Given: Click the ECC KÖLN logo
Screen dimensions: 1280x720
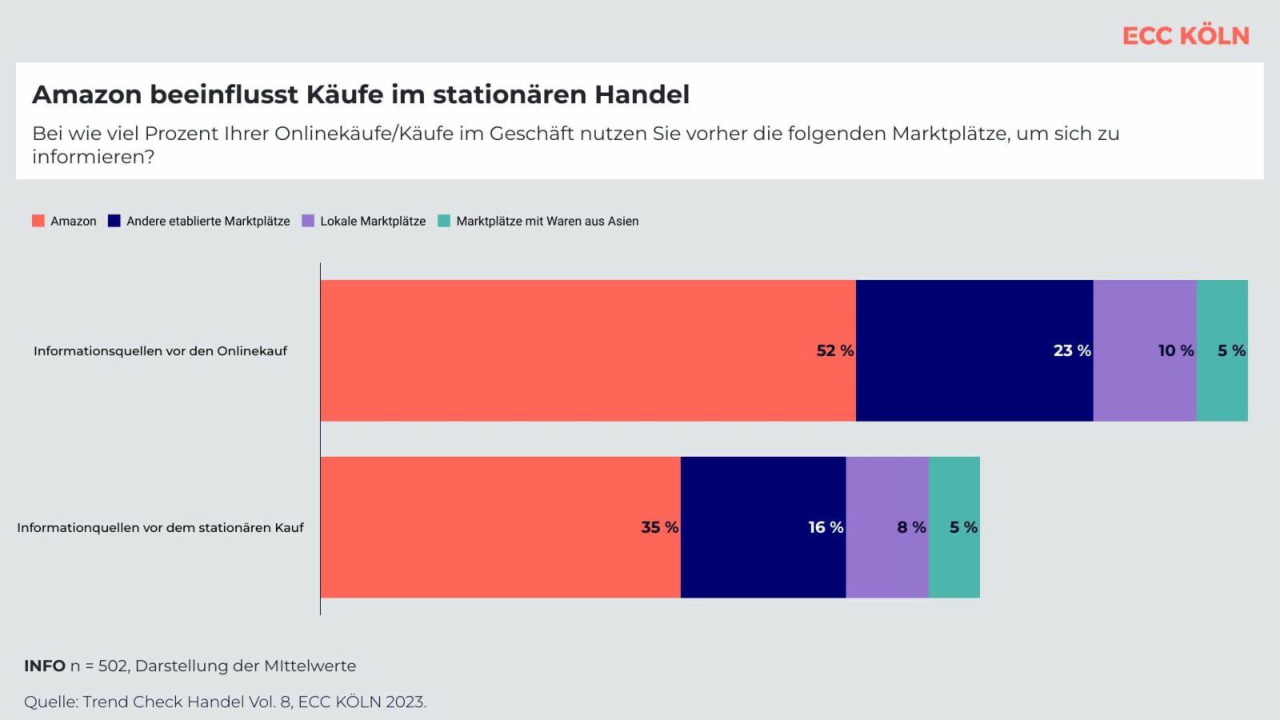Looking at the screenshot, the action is click(1186, 36).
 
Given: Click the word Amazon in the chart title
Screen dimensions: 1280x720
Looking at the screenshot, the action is click(87, 94).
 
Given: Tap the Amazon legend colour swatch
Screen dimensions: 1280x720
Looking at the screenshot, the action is click(38, 221).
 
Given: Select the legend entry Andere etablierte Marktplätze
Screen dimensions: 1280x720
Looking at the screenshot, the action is click(199, 221).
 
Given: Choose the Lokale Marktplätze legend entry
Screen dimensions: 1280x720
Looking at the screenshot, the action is click(363, 221).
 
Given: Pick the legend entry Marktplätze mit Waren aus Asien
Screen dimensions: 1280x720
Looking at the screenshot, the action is click(538, 221).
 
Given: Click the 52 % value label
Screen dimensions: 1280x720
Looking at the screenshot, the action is click(835, 350).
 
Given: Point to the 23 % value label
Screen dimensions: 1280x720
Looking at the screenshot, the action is click(1072, 350).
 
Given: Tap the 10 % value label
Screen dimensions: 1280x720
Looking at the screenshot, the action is click(1176, 350).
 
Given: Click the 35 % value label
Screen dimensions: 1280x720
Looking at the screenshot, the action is click(659, 527).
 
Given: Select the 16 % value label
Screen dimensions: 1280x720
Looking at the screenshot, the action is click(826, 527).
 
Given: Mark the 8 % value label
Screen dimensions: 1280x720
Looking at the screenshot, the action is click(911, 527).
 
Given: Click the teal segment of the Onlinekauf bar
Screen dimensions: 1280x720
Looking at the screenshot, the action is click(1222, 351).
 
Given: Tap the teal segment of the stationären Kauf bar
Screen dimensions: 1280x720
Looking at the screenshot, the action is click(954, 527).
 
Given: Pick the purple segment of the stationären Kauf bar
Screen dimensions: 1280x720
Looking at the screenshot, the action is click(887, 527).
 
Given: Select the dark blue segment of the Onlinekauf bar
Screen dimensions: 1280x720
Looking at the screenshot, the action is click(975, 351).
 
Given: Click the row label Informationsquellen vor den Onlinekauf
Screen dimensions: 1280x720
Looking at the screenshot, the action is click(160, 351).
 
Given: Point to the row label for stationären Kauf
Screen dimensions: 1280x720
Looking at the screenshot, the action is click(160, 527).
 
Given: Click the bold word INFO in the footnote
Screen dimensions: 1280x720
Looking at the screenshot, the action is click(45, 666).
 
